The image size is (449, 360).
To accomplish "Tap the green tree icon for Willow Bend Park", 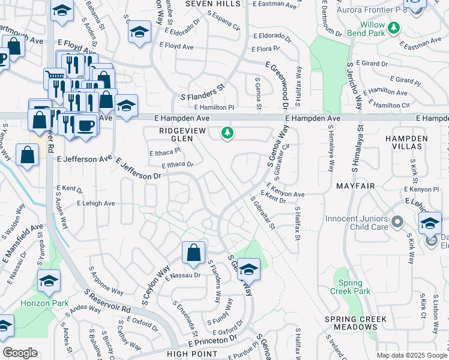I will (394, 28).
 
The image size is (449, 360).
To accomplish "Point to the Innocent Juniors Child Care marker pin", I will (397, 223).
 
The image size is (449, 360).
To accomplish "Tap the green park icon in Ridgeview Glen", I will (227, 133).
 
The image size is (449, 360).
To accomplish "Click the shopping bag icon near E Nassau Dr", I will (194, 253).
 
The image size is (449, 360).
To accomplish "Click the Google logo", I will (20, 353).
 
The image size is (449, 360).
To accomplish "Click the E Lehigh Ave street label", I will (95, 203).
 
